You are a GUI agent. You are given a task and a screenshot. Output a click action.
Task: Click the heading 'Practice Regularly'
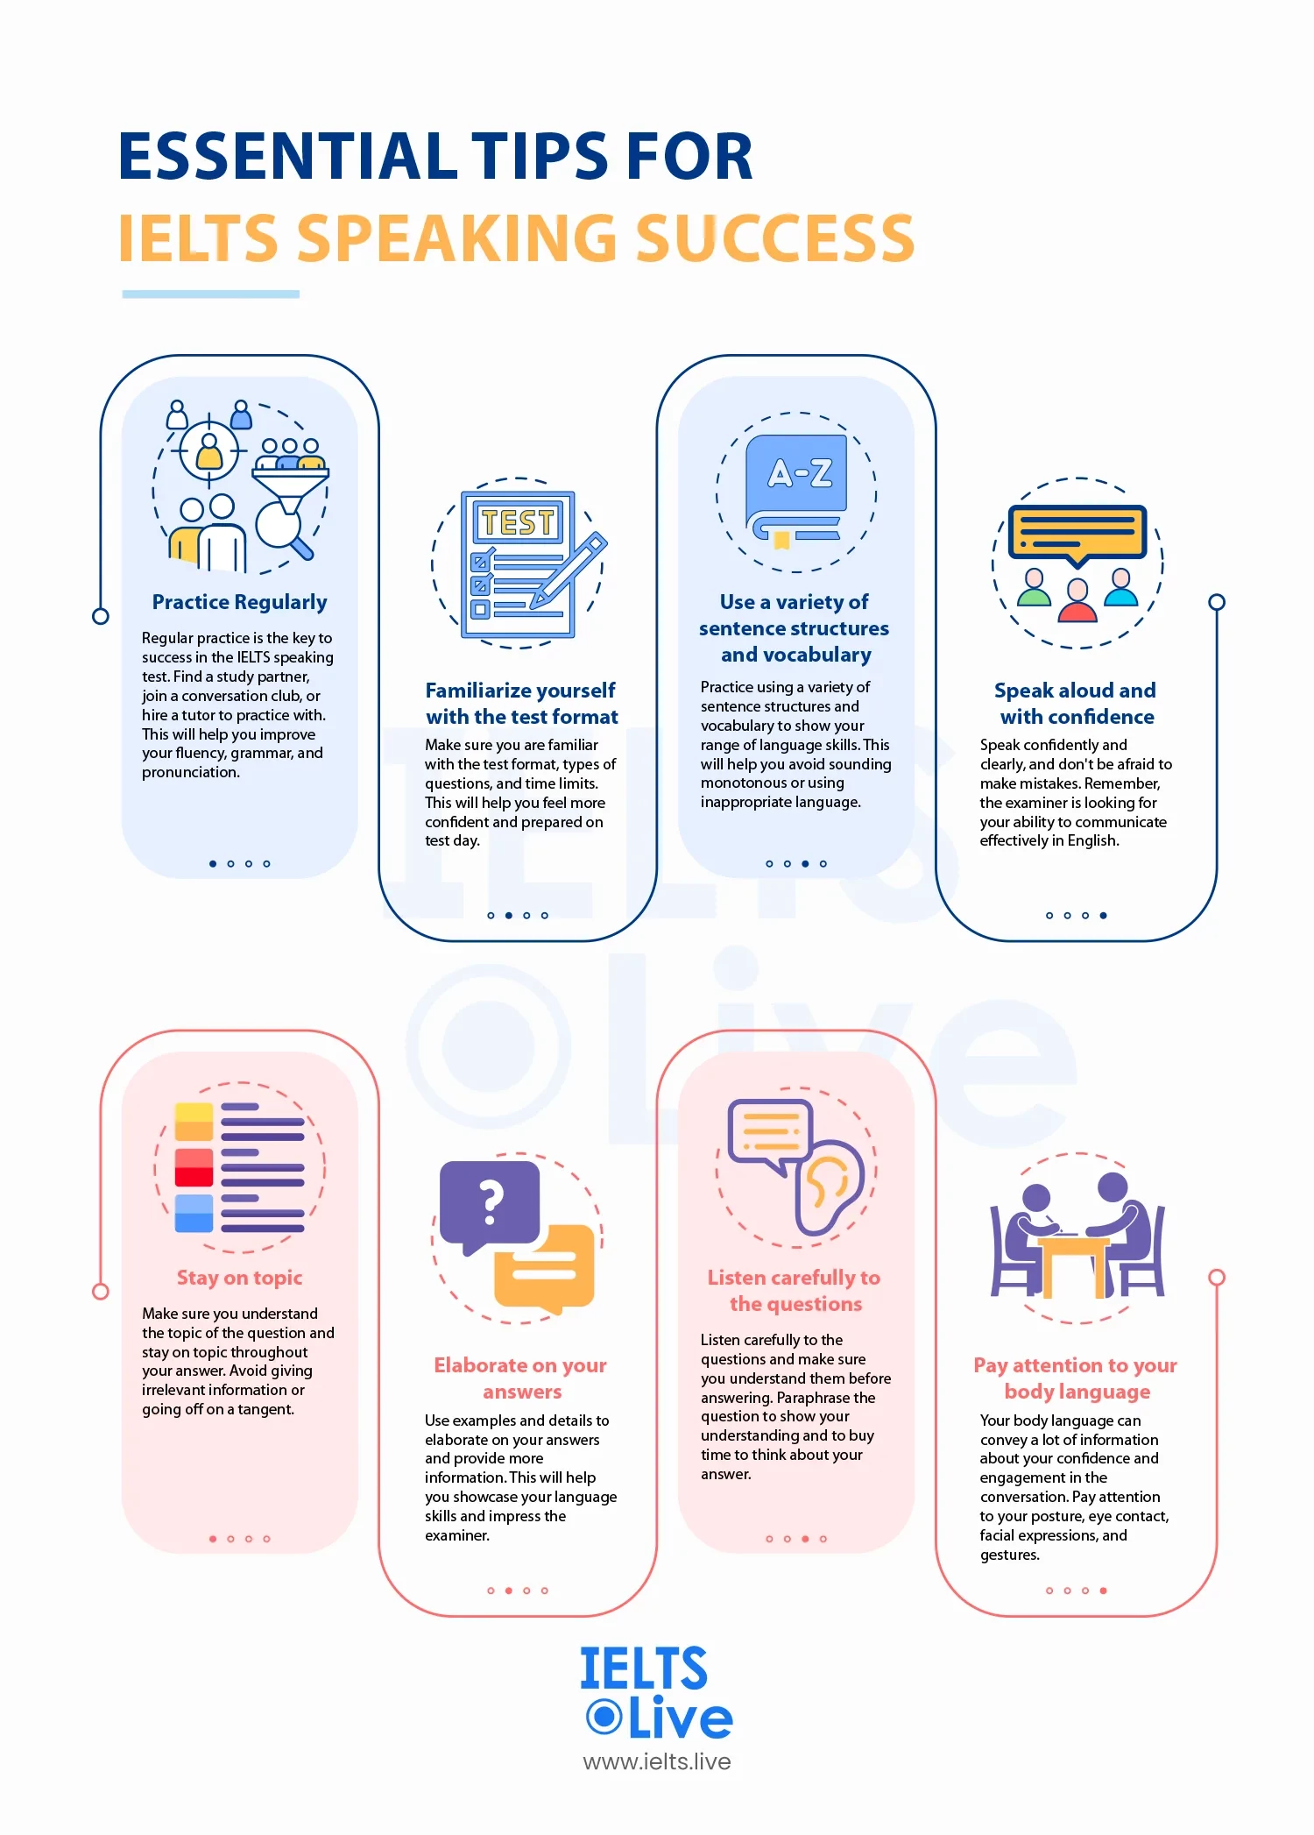(239, 602)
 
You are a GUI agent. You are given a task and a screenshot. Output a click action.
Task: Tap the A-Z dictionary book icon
(796, 488)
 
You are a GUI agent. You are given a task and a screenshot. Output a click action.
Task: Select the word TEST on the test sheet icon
(518, 523)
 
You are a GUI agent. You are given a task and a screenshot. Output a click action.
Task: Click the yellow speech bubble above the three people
(1077, 535)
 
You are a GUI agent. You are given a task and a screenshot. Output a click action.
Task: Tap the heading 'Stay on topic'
(239, 1278)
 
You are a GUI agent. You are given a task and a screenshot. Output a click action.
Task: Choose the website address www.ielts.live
(657, 1761)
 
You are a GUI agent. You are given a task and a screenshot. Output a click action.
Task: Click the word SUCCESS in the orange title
(774, 238)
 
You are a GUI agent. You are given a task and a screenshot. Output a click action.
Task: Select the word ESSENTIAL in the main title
(288, 157)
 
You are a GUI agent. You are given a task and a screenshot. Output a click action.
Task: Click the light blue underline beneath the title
(210, 294)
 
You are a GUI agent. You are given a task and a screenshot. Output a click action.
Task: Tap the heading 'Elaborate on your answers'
(521, 1378)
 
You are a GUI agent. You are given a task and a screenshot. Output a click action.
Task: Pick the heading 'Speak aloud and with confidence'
(1077, 704)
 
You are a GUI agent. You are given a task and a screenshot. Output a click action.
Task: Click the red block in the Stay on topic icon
(194, 1166)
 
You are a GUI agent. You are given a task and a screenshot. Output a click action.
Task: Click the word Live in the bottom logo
(680, 1718)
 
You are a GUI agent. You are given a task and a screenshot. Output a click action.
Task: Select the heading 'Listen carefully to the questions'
(795, 1291)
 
